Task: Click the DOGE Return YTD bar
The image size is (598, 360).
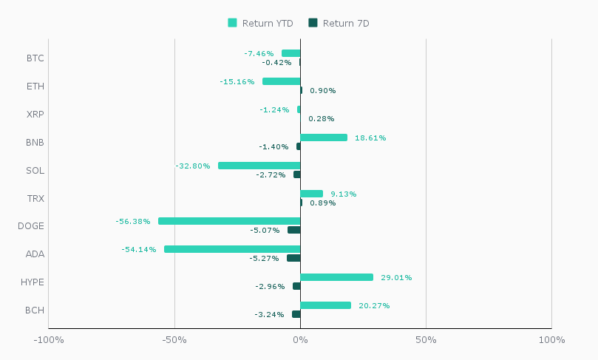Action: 229,221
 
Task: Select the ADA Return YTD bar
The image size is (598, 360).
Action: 232,249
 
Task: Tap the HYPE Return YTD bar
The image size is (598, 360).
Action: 336,277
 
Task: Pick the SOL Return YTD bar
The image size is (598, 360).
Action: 259,166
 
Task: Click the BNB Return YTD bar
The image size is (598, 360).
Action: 324,137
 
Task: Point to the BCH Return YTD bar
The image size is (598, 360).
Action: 325,305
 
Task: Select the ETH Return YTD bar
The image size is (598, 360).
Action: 281,81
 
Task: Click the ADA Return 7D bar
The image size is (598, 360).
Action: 293,258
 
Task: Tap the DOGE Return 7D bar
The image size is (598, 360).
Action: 293,230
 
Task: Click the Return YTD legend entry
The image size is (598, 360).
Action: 260,23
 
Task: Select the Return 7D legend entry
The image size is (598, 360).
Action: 339,23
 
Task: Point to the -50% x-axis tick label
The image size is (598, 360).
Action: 174,340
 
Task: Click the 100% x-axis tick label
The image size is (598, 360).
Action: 551,340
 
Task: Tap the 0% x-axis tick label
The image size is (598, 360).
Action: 300,340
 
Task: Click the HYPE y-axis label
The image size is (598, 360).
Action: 33,282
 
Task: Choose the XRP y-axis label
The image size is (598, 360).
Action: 35,115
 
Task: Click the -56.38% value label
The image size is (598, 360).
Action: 133,222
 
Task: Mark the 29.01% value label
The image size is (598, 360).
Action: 396,278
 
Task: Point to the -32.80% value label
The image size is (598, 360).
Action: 193,166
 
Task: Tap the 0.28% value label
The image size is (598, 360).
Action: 322,119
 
